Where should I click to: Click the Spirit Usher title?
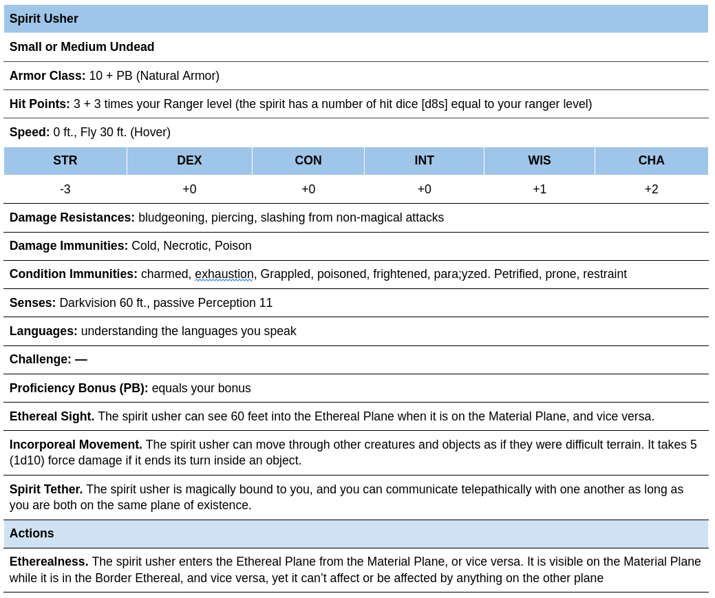click(44, 19)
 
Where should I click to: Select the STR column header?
click(65, 160)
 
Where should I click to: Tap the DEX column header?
click(189, 160)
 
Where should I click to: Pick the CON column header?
click(308, 160)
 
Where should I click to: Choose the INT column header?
click(425, 160)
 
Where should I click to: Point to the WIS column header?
click(540, 160)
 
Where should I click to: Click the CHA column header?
click(651, 160)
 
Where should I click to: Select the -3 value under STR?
click(65, 189)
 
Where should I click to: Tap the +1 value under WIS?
click(540, 189)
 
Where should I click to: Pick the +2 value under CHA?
click(651, 189)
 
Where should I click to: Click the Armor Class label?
click(47, 76)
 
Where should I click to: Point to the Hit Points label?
click(40, 104)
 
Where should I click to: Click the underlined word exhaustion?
click(224, 274)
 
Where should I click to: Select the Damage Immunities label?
click(69, 246)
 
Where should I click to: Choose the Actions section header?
click(32, 533)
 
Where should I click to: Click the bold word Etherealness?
click(49, 562)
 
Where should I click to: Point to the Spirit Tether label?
click(46, 489)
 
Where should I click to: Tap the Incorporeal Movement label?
click(76, 445)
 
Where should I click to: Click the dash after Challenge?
click(81, 359)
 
